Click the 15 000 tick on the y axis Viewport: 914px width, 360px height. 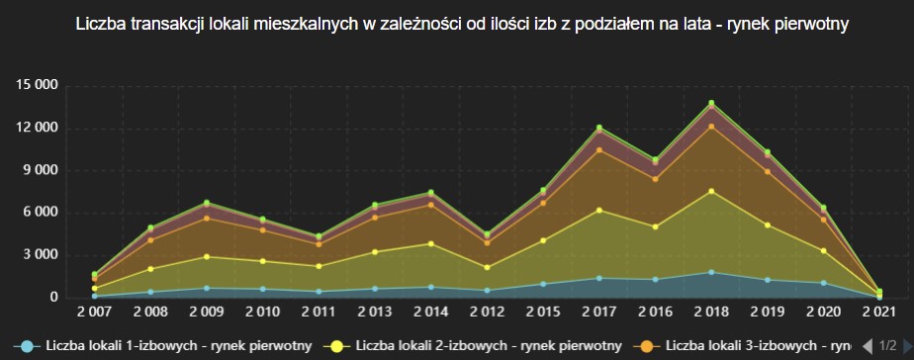pyautogui.click(x=36, y=85)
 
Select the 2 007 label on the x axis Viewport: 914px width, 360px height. pyautogui.click(x=94, y=313)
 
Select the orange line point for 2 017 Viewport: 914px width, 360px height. pyautogui.click(x=598, y=149)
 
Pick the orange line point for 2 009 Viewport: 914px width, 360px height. pyautogui.click(x=207, y=218)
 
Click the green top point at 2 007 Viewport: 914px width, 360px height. pyautogui.click(x=94, y=274)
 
